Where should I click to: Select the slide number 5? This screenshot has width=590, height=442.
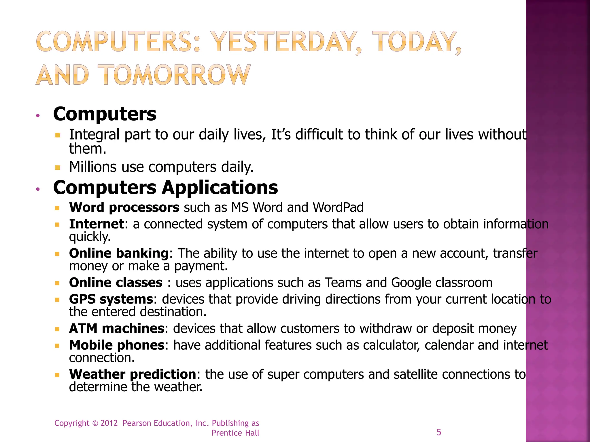439,432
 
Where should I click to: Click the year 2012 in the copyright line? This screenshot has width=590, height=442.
109,423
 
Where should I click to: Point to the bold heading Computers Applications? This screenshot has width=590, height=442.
166,188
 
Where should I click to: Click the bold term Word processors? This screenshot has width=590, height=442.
124,207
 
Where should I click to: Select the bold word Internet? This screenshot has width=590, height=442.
97,224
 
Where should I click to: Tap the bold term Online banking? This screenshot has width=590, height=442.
119,253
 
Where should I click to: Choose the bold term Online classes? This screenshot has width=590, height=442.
116,283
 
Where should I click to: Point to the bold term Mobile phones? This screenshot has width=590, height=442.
117,345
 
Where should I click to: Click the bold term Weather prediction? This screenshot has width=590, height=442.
133,374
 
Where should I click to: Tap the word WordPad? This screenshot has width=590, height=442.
338,207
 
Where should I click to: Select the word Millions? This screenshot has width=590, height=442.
93,167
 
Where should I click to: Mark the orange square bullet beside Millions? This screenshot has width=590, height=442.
57,167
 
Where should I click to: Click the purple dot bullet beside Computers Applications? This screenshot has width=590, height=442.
37,189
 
